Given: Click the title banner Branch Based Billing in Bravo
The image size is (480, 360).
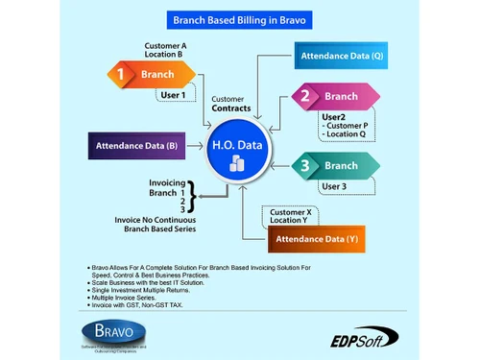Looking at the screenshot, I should [x=239, y=18].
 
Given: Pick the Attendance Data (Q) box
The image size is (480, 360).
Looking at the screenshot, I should [x=342, y=56].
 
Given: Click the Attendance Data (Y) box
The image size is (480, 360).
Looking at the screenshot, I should [x=316, y=237].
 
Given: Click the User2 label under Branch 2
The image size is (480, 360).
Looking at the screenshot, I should [x=334, y=117].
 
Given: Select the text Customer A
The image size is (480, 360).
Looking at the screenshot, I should [x=165, y=45].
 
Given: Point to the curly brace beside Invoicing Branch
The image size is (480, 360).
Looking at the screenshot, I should [x=192, y=199].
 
